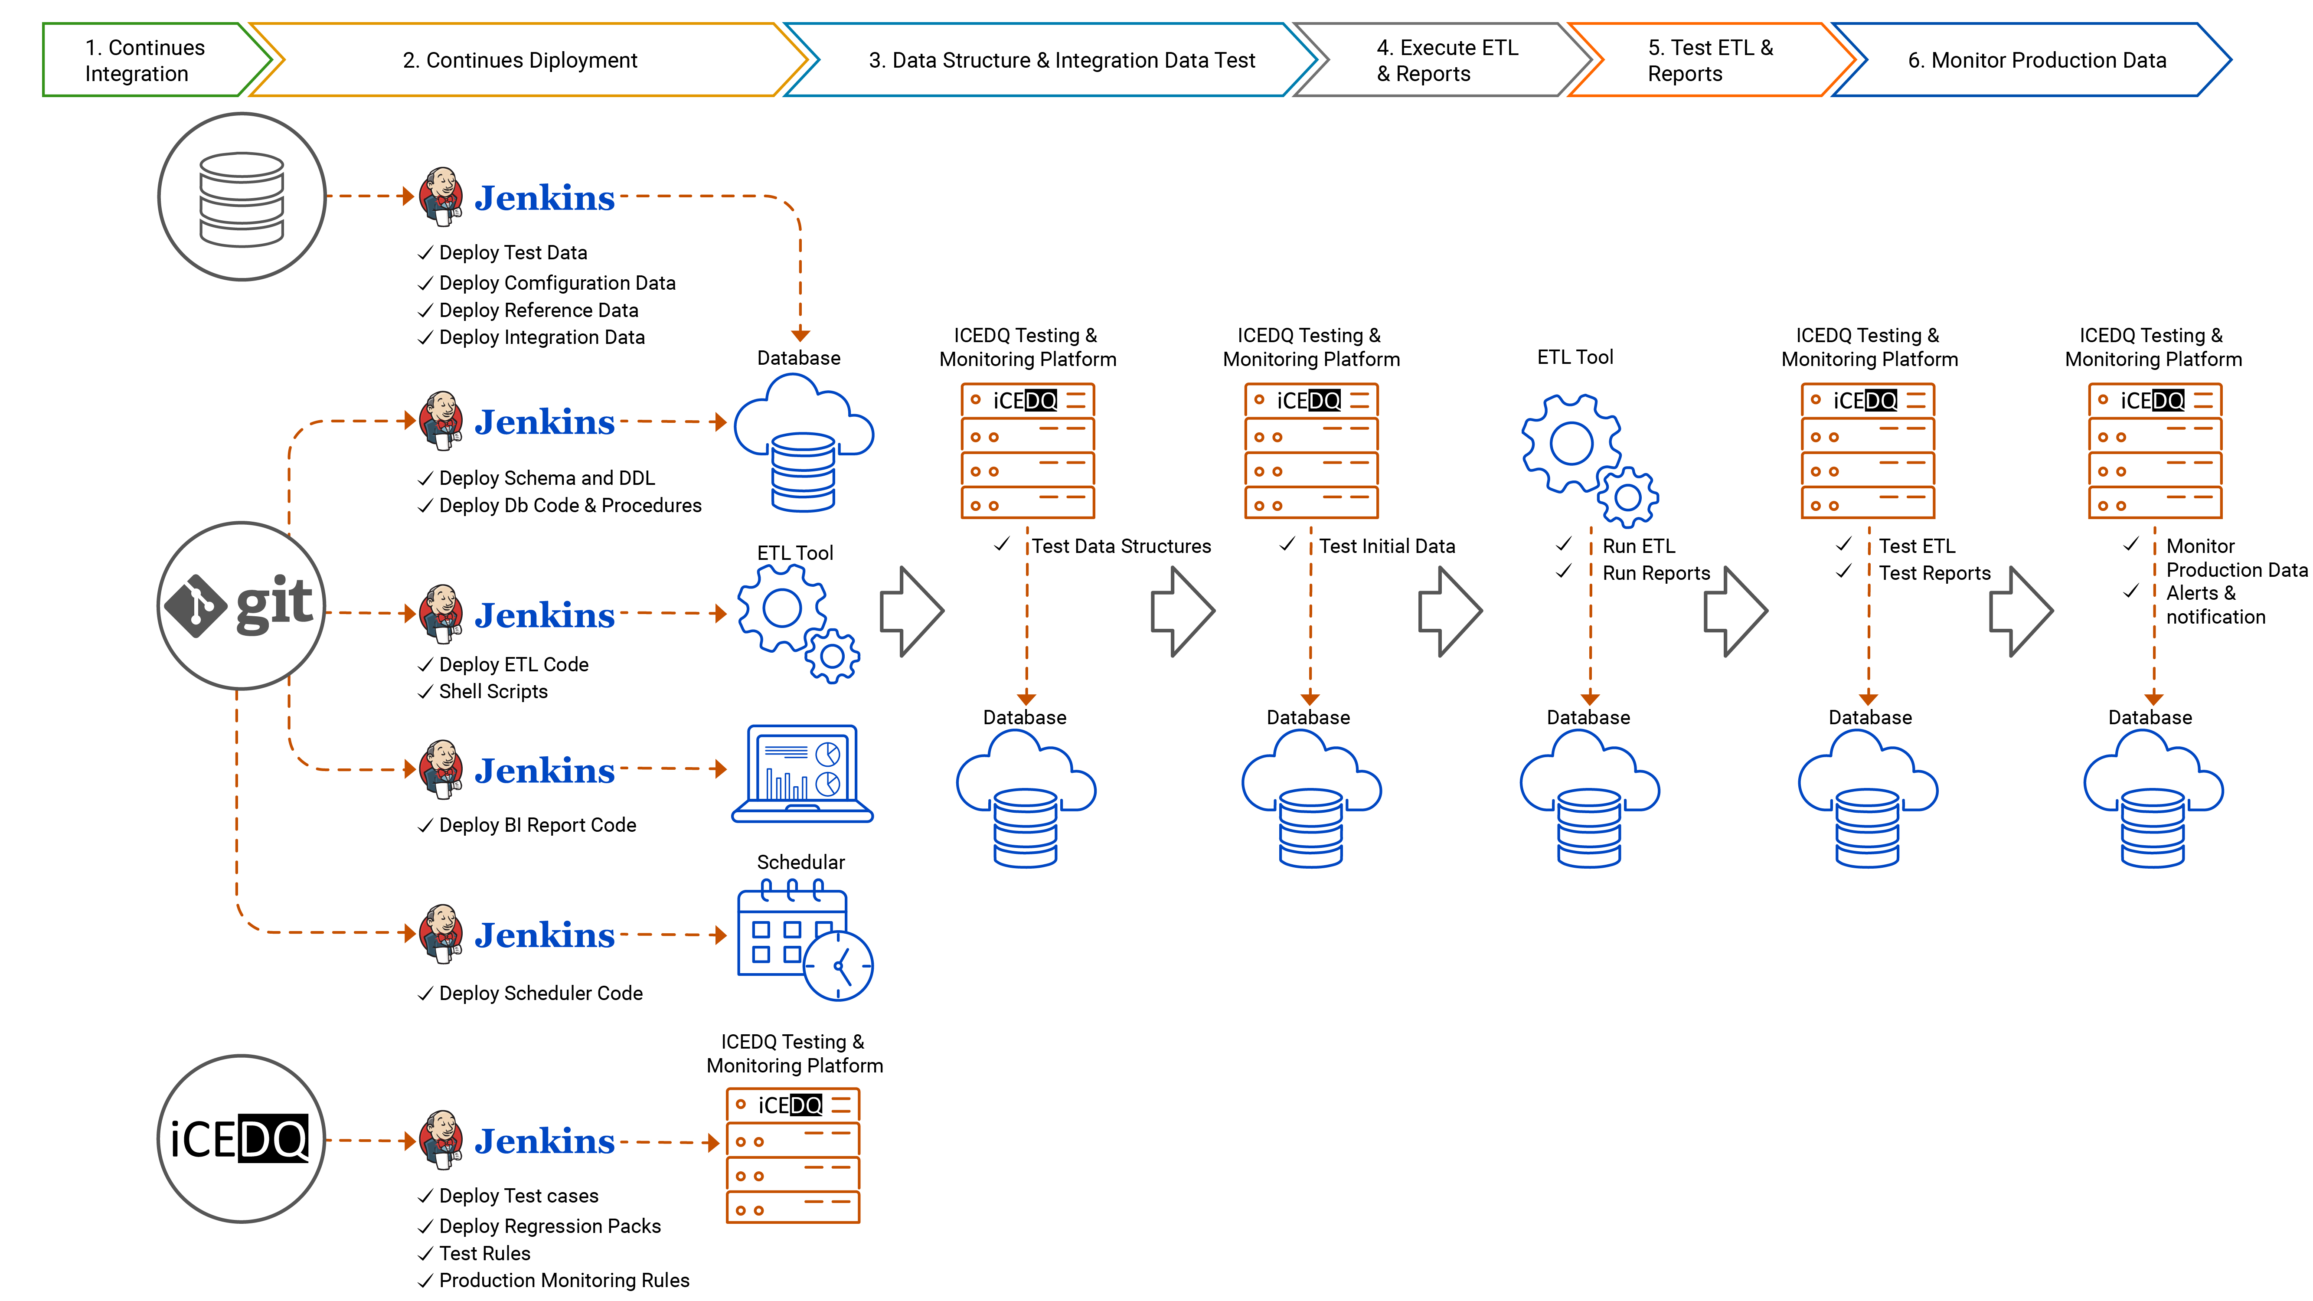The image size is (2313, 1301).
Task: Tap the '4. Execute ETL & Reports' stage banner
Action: (1446, 60)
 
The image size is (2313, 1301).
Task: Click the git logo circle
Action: (241, 606)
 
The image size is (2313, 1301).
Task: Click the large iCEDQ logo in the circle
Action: (241, 1138)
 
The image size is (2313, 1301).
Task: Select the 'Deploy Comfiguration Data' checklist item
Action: (557, 283)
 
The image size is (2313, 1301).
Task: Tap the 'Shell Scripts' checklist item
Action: (493, 691)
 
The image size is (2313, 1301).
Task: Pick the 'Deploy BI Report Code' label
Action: (537, 825)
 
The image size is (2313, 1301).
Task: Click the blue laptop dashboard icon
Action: (802, 774)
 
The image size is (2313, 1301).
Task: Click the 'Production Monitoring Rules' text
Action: (564, 1280)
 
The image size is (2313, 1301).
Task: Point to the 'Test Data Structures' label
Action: (1121, 546)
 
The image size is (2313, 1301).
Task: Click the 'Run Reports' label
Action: (1656, 573)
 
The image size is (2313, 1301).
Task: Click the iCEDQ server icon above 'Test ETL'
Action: (1868, 451)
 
